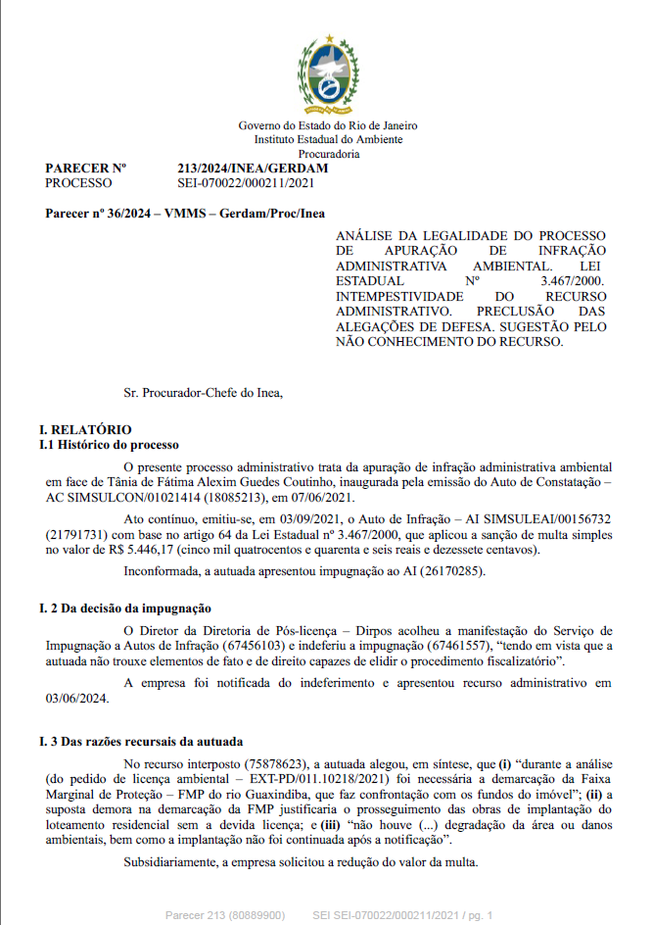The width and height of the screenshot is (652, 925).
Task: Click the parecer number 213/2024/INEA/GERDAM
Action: [253, 170]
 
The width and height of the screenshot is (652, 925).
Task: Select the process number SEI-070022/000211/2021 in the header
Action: [246, 183]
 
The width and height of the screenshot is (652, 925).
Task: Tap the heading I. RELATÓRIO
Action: [84, 430]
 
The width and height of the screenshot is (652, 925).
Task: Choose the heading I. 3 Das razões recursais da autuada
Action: [140, 741]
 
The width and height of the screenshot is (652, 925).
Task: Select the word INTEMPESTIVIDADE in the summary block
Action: [398, 295]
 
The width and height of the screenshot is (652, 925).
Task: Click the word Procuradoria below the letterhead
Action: [328, 154]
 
